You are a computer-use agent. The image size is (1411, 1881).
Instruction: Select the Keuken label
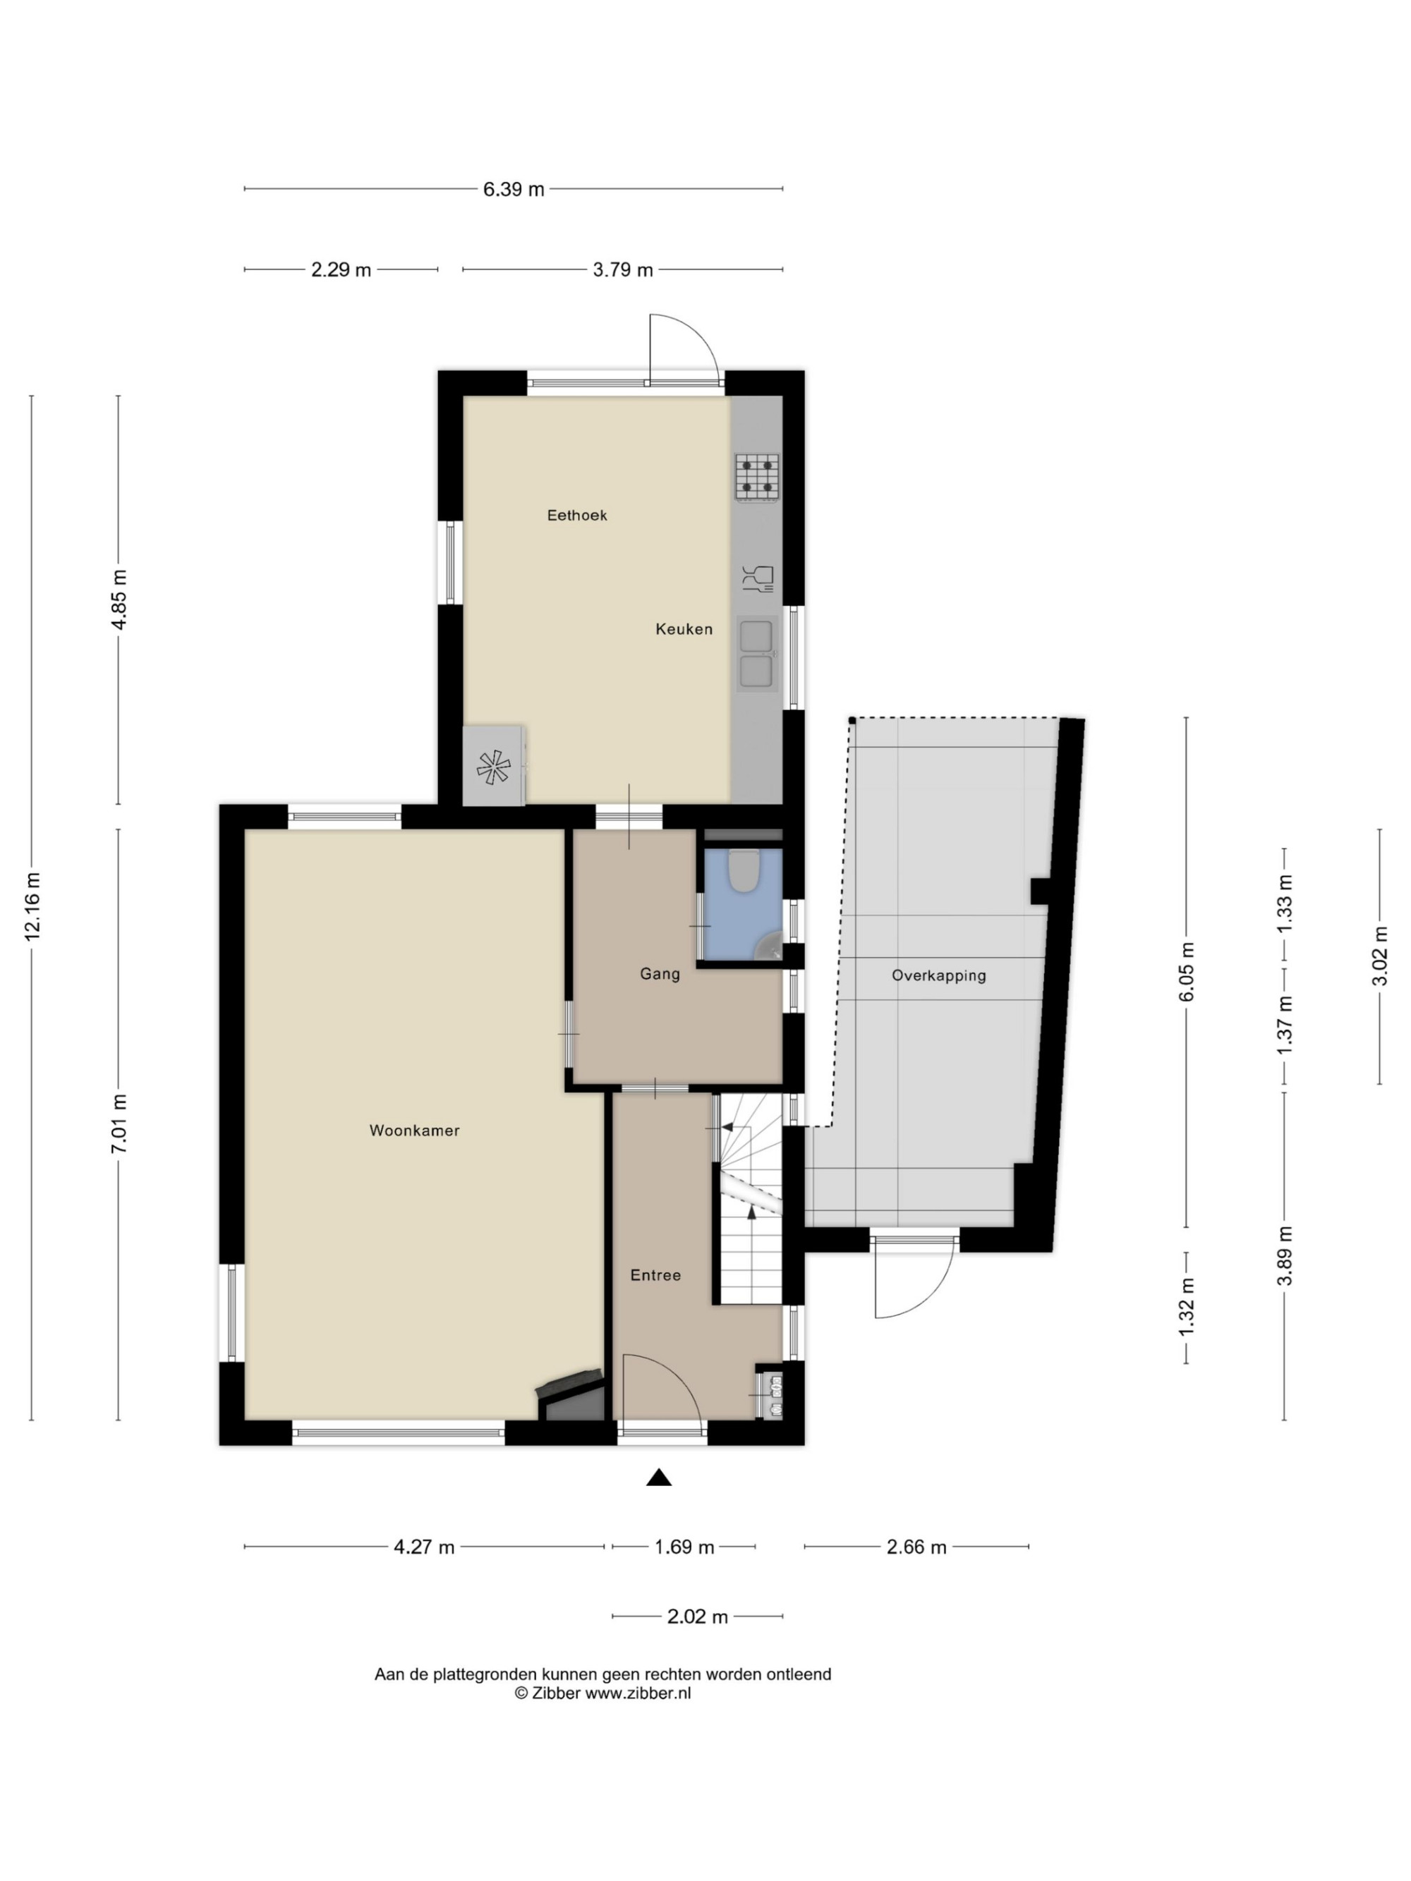pos(684,629)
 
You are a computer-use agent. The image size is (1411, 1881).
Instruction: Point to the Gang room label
pos(660,974)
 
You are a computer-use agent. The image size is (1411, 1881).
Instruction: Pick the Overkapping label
pos(939,975)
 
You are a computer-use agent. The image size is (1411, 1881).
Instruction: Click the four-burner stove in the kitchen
pos(757,476)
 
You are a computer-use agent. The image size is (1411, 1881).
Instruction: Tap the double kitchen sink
pos(756,653)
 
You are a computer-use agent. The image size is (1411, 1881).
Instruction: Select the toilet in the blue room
pos(745,872)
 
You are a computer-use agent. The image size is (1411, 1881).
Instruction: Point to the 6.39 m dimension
pos(514,189)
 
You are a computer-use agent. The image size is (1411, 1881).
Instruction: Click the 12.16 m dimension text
pos(32,906)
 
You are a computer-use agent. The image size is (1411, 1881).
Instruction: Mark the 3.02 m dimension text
pos(1379,956)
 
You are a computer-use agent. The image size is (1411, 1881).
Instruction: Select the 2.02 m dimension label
pos(698,1617)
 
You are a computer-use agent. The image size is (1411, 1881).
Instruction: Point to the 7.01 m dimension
pos(119,1124)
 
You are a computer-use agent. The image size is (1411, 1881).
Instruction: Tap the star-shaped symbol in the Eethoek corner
pos(493,767)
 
